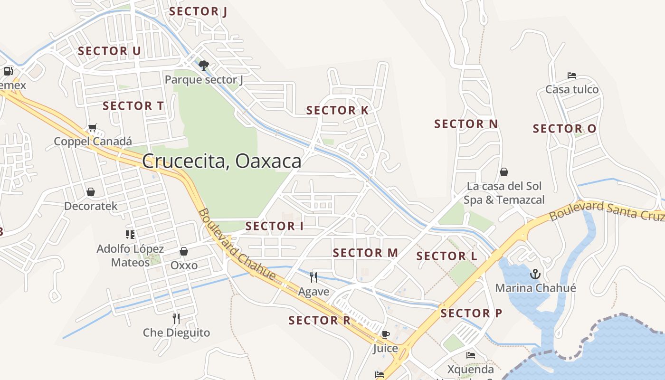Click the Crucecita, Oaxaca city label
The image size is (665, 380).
(x=221, y=161)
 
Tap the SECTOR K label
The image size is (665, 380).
(x=337, y=111)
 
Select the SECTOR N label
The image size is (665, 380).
(x=466, y=124)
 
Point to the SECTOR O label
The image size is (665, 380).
(x=564, y=129)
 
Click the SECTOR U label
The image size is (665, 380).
(x=109, y=51)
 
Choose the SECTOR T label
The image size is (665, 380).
(x=133, y=106)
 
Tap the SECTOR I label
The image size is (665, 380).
(x=274, y=226)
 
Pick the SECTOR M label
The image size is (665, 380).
(x=365, y=253)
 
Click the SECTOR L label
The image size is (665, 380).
(x=446, y=256)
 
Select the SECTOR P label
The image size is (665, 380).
(x=471, y=313)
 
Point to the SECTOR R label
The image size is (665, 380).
(x=319, y=321)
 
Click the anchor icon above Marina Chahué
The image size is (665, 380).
(x=535, y=274)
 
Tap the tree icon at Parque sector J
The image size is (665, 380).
(x=204, y=65)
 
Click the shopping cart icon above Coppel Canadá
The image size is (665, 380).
(x=93, y=128)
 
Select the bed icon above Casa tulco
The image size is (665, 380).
(x=572, y=76)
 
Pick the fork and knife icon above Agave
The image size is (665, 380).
(x=313, y=277)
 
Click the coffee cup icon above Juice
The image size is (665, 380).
(x=385, y=334)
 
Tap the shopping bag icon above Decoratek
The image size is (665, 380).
(x=91, y=192)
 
